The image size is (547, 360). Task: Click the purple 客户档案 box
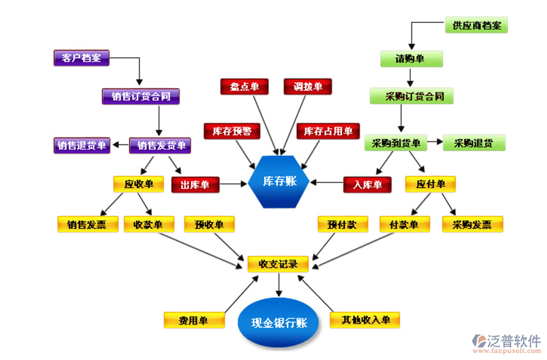[81, 58]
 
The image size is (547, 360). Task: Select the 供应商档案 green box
[476, 25]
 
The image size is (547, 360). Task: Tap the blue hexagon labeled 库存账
[279, 181]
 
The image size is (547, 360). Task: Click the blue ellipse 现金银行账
[279, 323]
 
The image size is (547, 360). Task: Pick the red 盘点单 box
[245, 86]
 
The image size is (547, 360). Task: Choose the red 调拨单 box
[308, 86]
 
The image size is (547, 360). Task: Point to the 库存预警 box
[232, 131]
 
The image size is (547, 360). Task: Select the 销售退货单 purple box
[82, 145]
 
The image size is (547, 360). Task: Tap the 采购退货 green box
[474, 143]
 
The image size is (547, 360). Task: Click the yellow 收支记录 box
[278, 264]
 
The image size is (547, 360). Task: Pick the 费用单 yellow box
[194, 319]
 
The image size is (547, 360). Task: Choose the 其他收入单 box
[365, 319]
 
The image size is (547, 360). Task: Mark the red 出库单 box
[195, 185]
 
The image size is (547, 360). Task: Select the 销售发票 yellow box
[86, 224]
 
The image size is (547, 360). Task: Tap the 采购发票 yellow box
[472, 224]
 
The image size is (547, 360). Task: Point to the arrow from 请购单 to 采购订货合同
[410, 77]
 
